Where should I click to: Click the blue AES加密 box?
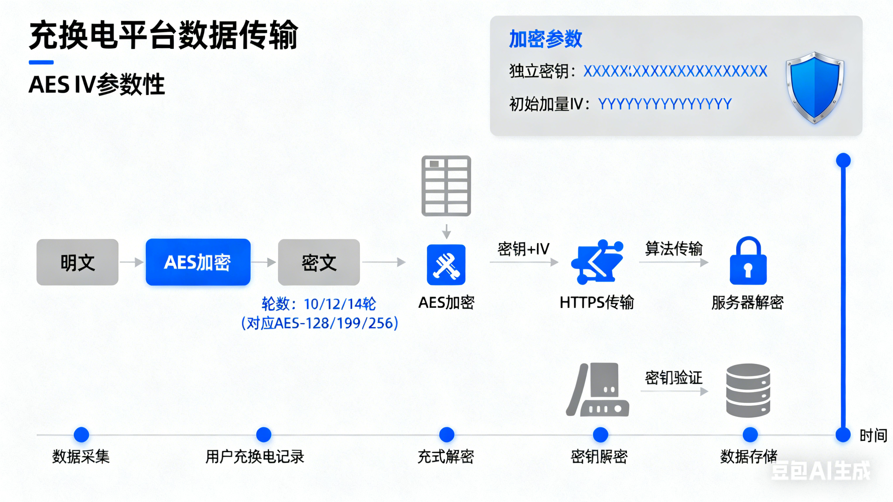coord(198,262)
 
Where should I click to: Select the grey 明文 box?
coord(77,262)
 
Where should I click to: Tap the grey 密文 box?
coord(319,262)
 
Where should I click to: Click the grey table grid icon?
coord(446,186)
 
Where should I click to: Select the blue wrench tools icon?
coord(446,265)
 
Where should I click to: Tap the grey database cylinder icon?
coord(748,390)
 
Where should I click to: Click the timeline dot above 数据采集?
coord(81,435)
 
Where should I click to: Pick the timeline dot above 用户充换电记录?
coord(263,435)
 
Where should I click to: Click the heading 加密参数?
coord(545,39)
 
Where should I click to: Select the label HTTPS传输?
coord(597,302)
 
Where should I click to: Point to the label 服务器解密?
coord(747,302)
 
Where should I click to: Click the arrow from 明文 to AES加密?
coord(132,262)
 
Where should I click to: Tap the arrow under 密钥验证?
coord(674,391)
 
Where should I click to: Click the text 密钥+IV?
coord(523,249)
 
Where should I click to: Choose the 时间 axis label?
coord(873,435)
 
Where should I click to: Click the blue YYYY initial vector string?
coord(665,104)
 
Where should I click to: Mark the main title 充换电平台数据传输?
coord(163,35)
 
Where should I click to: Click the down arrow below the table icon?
coord(446,231)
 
